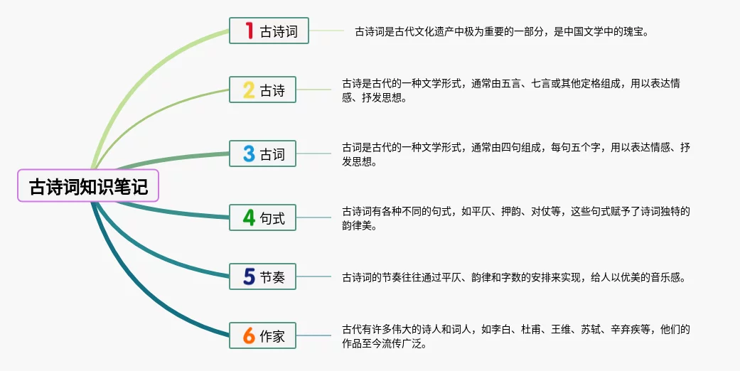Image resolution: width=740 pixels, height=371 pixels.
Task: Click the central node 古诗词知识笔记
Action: tap(88, 188)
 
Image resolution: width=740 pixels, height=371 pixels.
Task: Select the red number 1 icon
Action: tap(249, 31)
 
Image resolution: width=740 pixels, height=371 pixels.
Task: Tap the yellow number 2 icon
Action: tap(249, 90)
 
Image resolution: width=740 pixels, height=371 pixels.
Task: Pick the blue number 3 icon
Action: tap(249, 154)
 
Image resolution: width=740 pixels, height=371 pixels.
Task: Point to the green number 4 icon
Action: tap(249, 217)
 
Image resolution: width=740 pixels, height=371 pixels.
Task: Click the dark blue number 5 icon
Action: tap(249, 276)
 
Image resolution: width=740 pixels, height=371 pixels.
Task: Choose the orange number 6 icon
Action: tap(249, 335)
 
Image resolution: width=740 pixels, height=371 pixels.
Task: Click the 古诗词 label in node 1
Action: tap(279, 31)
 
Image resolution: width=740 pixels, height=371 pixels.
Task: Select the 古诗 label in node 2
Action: tap(272, 90)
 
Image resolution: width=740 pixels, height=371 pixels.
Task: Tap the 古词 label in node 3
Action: tap(272, 154)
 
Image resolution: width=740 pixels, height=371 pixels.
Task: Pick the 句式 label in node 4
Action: tap(272, 218)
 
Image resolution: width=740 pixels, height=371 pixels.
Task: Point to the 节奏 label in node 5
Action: tap(272, 277)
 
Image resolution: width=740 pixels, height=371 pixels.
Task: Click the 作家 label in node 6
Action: tap(272, 336)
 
